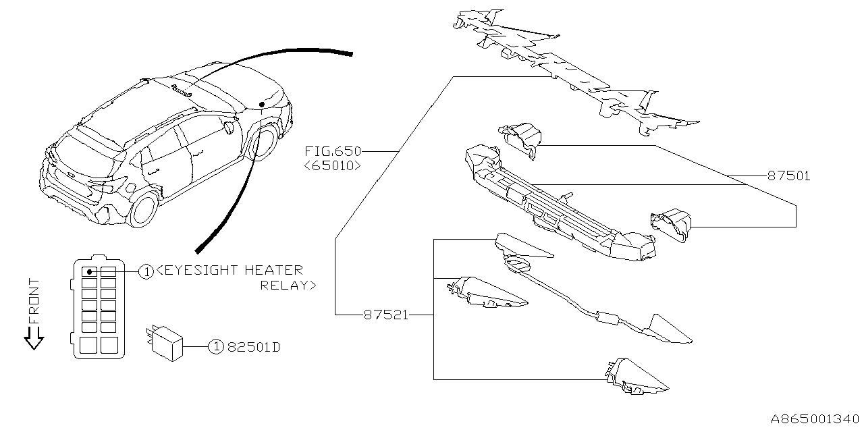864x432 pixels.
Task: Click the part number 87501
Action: [x=788, y=176]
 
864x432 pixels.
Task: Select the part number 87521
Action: [x=385, y=315]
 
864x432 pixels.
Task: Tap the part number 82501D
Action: [x=253, y=348]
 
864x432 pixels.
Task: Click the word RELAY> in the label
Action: [x=288, y=286]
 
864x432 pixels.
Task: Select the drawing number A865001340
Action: [x=813, y=418]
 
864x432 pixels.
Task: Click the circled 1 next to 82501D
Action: [x=215, y=347]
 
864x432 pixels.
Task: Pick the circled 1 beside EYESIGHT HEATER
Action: [x=146, y=271]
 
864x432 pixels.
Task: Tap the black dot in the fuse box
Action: [x=89, y=271]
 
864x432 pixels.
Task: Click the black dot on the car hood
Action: [x=261, y=104]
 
